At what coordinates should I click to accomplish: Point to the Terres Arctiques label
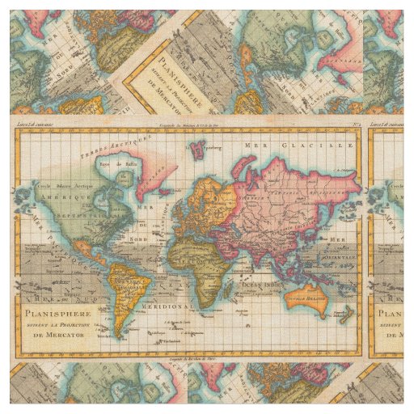[121, 145]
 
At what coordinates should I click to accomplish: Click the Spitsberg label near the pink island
[214, 150]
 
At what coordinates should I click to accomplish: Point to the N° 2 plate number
[355, 125]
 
